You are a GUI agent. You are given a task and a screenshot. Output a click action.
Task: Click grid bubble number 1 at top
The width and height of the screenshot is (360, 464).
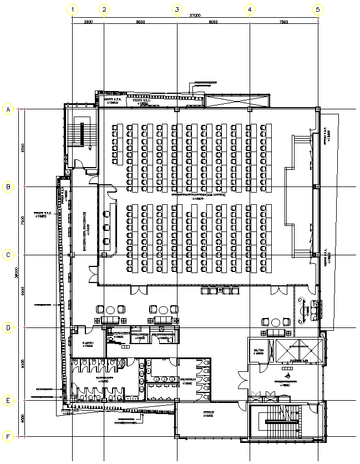(73, 9)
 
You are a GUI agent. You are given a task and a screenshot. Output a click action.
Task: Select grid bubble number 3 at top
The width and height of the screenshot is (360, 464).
(177, 9)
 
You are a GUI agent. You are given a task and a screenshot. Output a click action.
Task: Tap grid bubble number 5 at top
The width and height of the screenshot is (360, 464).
(318, 9)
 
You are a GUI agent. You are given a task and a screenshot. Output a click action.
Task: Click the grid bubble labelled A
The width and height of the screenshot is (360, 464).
(8, 109)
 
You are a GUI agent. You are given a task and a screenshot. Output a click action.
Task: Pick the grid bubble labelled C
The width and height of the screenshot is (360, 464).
(8, 255)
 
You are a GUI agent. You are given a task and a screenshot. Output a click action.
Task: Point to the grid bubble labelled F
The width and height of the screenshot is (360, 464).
(8, 437)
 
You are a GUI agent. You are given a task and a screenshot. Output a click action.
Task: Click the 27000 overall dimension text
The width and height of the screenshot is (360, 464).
(195, 15)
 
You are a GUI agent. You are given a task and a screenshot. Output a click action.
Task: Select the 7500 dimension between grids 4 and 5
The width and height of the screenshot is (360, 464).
(283, 22)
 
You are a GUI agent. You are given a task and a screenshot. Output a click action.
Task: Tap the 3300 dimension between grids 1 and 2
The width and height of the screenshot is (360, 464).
(88, 22)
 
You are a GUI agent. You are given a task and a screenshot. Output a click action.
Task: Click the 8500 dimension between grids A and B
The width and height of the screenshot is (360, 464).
(22, 148)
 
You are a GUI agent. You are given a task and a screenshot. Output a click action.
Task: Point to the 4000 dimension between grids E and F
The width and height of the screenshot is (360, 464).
(22, 419)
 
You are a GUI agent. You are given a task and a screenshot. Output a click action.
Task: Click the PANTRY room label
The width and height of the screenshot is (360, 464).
(88, 344)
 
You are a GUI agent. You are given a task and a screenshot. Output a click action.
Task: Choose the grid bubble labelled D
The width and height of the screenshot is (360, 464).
(8, 328)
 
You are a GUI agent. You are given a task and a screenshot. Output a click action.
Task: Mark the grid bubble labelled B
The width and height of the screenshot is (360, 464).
(8, 187)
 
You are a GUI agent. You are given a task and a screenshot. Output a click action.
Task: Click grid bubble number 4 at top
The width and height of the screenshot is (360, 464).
(250, 9)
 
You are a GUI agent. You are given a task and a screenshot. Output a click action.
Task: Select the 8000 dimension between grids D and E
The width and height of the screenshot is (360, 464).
(22, 364)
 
